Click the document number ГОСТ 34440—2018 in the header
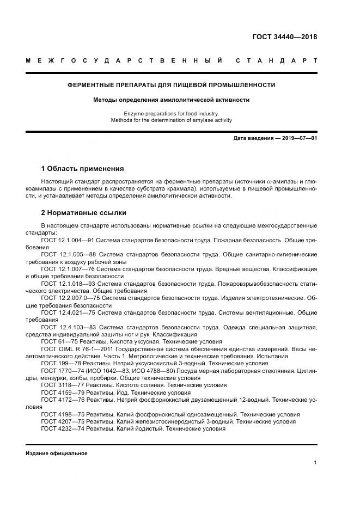[284, 38]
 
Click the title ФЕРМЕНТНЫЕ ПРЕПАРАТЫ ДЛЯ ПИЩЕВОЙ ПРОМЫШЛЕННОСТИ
[171, 85]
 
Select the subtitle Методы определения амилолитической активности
[171, 100]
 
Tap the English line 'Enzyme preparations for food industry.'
[171, 113]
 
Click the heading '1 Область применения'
[82, 168]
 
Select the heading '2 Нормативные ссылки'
[83, 212]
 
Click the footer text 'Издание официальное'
[56, 453]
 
